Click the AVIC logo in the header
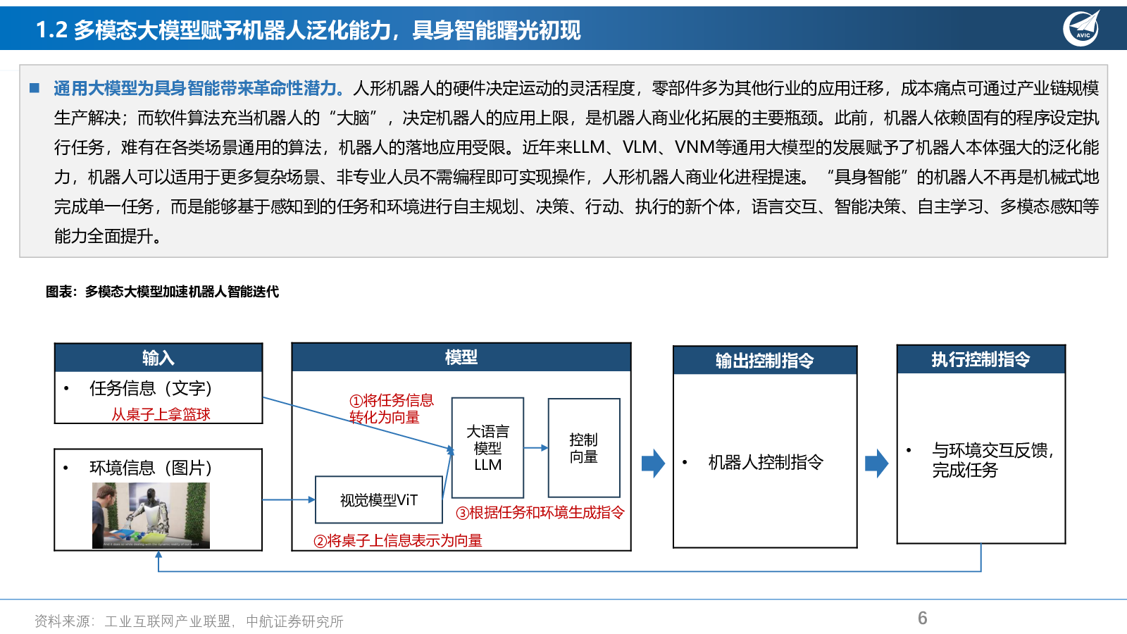(1082, 29)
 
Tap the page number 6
(922, 618)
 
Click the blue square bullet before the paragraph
(35, 89)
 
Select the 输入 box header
(158, 358)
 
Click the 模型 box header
(461, 357)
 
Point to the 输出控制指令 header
(765, 360)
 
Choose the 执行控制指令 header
(981, 359)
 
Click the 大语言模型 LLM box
(487, 448)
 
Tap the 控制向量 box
(584, 448)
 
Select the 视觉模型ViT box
(379, 499)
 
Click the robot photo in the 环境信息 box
(151, 515)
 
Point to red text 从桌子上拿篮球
(161, 415)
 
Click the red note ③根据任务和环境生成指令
(540, 513)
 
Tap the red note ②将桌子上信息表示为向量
(397, 541)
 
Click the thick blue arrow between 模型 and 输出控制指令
(653, 463)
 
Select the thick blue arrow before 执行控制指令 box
(876, 463)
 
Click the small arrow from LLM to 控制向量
(536, 447)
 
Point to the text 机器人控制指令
(766, 462)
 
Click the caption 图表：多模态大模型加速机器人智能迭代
(162, 292)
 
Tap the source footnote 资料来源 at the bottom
(189, 621)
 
